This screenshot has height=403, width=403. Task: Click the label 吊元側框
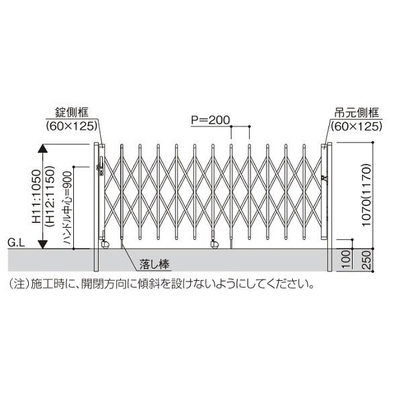(356, 113)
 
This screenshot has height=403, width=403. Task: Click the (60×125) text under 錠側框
(73, 125)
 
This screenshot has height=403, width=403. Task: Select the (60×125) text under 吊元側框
(356, 125)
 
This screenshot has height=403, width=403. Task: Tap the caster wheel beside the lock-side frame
(104, 242)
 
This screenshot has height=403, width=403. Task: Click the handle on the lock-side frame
(102, 166)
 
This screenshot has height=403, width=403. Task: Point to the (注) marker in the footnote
(16, 283)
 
